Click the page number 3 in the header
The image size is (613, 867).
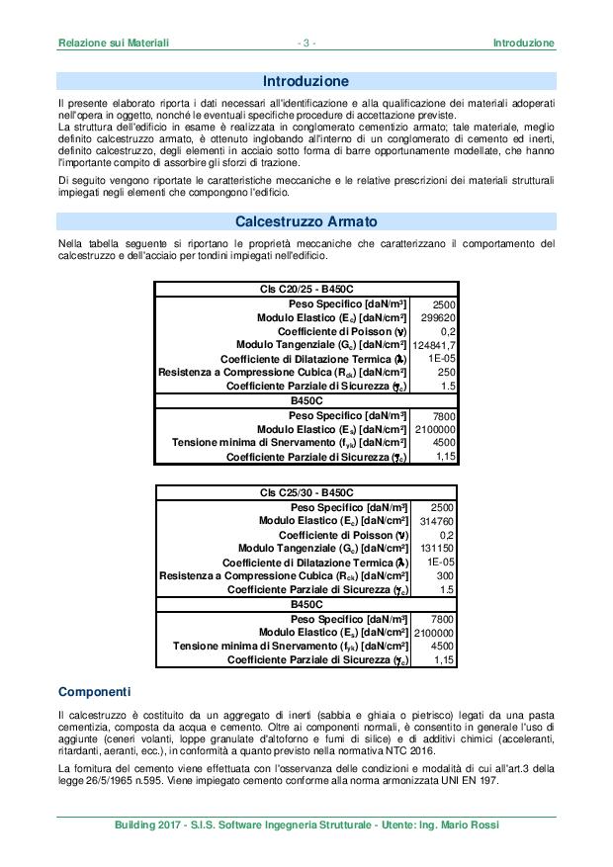tap(306, 43)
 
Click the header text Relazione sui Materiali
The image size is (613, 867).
tap(114, 43)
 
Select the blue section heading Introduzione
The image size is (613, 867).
tap(306, 80)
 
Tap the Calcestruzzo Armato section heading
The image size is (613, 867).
tap(306, 221)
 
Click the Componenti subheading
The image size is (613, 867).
tap(94, 690)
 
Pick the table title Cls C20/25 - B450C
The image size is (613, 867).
tap(306, 289)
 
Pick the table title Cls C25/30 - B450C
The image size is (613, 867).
tap(306, 492)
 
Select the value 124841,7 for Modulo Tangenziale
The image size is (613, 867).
tap(434, 345)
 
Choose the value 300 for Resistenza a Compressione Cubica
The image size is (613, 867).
tap(445, 575)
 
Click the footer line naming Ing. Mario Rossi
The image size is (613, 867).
tap(306, 824)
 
